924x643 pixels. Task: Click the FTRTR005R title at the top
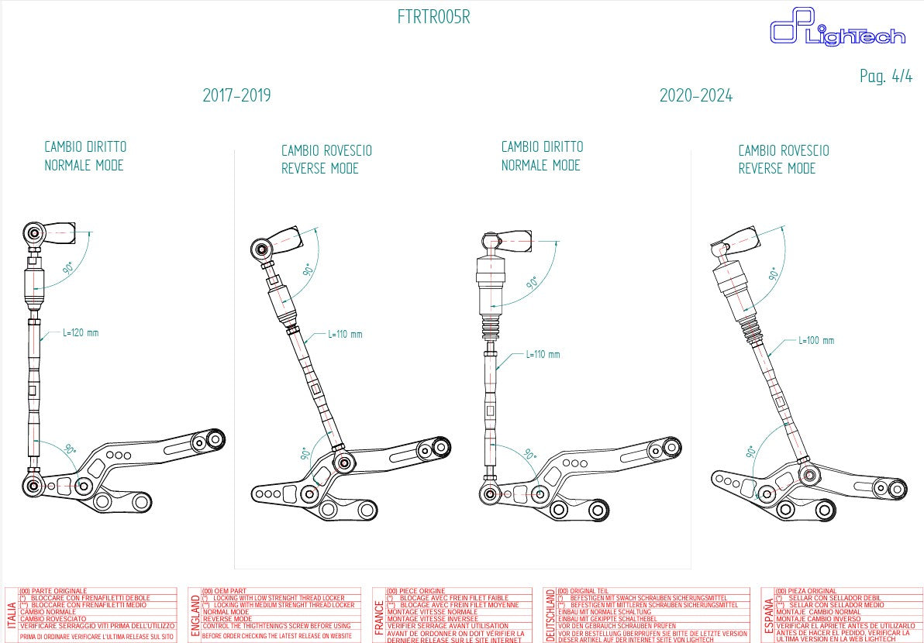(x=433, y=17)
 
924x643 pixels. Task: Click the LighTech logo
(x=837, y=29)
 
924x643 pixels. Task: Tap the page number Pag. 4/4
(x=886, y=76)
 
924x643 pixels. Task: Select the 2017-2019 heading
(x=236, y=96)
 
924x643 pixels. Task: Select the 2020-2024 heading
(x=695, y=96)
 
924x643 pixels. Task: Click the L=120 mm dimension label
(x=81, y=333)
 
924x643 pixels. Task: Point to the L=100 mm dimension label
(x=816, y=340)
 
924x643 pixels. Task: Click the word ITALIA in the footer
(x=12, y=620)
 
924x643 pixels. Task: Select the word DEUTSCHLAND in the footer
(x=550, y=615)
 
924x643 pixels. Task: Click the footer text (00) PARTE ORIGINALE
(x=53, y=591)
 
